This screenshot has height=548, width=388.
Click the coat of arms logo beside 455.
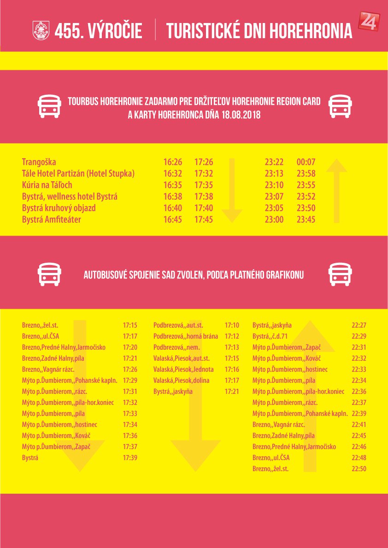(41, 31)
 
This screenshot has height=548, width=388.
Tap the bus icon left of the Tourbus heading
(49, 107)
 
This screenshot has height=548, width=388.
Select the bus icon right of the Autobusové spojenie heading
(340, 275)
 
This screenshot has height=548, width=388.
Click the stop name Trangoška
(39, 162)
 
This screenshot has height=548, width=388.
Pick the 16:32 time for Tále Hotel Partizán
(172, 173)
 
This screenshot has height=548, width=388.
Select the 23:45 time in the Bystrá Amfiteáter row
(306, 219)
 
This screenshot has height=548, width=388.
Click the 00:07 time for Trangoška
(306, 162)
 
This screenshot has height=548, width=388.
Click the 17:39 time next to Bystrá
(130, 458)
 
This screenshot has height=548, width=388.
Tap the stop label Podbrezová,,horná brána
(186, 336)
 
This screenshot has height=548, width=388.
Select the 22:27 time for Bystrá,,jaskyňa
(359, 325)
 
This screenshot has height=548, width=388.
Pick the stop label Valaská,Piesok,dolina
(181, 381)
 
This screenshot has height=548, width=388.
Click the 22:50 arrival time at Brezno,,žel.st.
(359, 469)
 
